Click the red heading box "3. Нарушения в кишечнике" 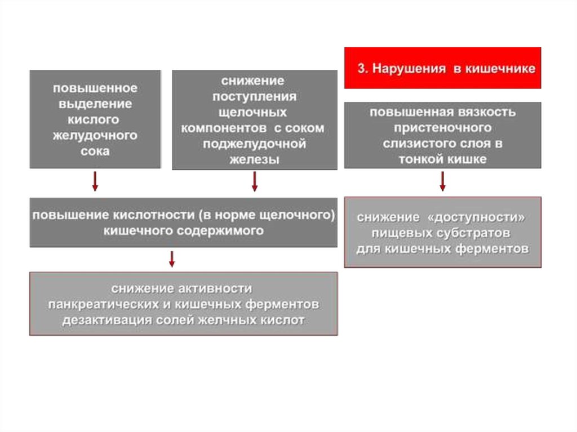[442, 68]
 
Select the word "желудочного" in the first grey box [95, 136]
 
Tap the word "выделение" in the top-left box [95, 104]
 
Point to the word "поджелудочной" [255, 144]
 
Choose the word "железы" [254, 159]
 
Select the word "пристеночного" [442, 127]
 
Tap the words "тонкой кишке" [442, 159]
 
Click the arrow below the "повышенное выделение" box [95, 181]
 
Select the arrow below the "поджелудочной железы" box [255, 181]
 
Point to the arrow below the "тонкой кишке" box [443, 181]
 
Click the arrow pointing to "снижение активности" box [172, 259]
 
